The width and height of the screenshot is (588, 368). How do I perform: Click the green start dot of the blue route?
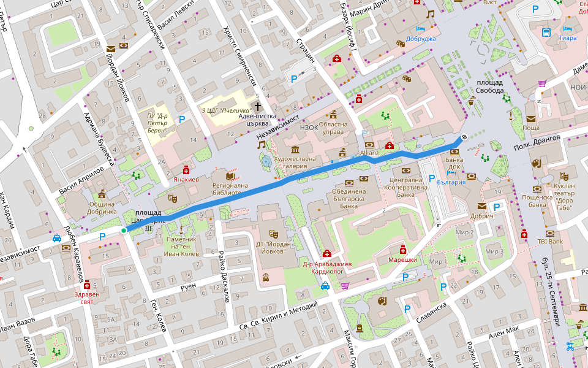[124, 231]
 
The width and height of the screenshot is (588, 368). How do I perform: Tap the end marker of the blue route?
[464, 137]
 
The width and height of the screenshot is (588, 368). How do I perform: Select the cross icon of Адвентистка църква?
[258, 107]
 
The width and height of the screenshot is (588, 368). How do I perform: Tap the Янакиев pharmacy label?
[186, 180]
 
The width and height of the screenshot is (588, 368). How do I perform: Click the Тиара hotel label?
[567, 38]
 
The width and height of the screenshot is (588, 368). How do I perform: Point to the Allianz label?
[370, 151]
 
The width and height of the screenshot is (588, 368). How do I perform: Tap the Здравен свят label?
[86, 297]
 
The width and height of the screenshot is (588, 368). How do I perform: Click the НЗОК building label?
[310, 127]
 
